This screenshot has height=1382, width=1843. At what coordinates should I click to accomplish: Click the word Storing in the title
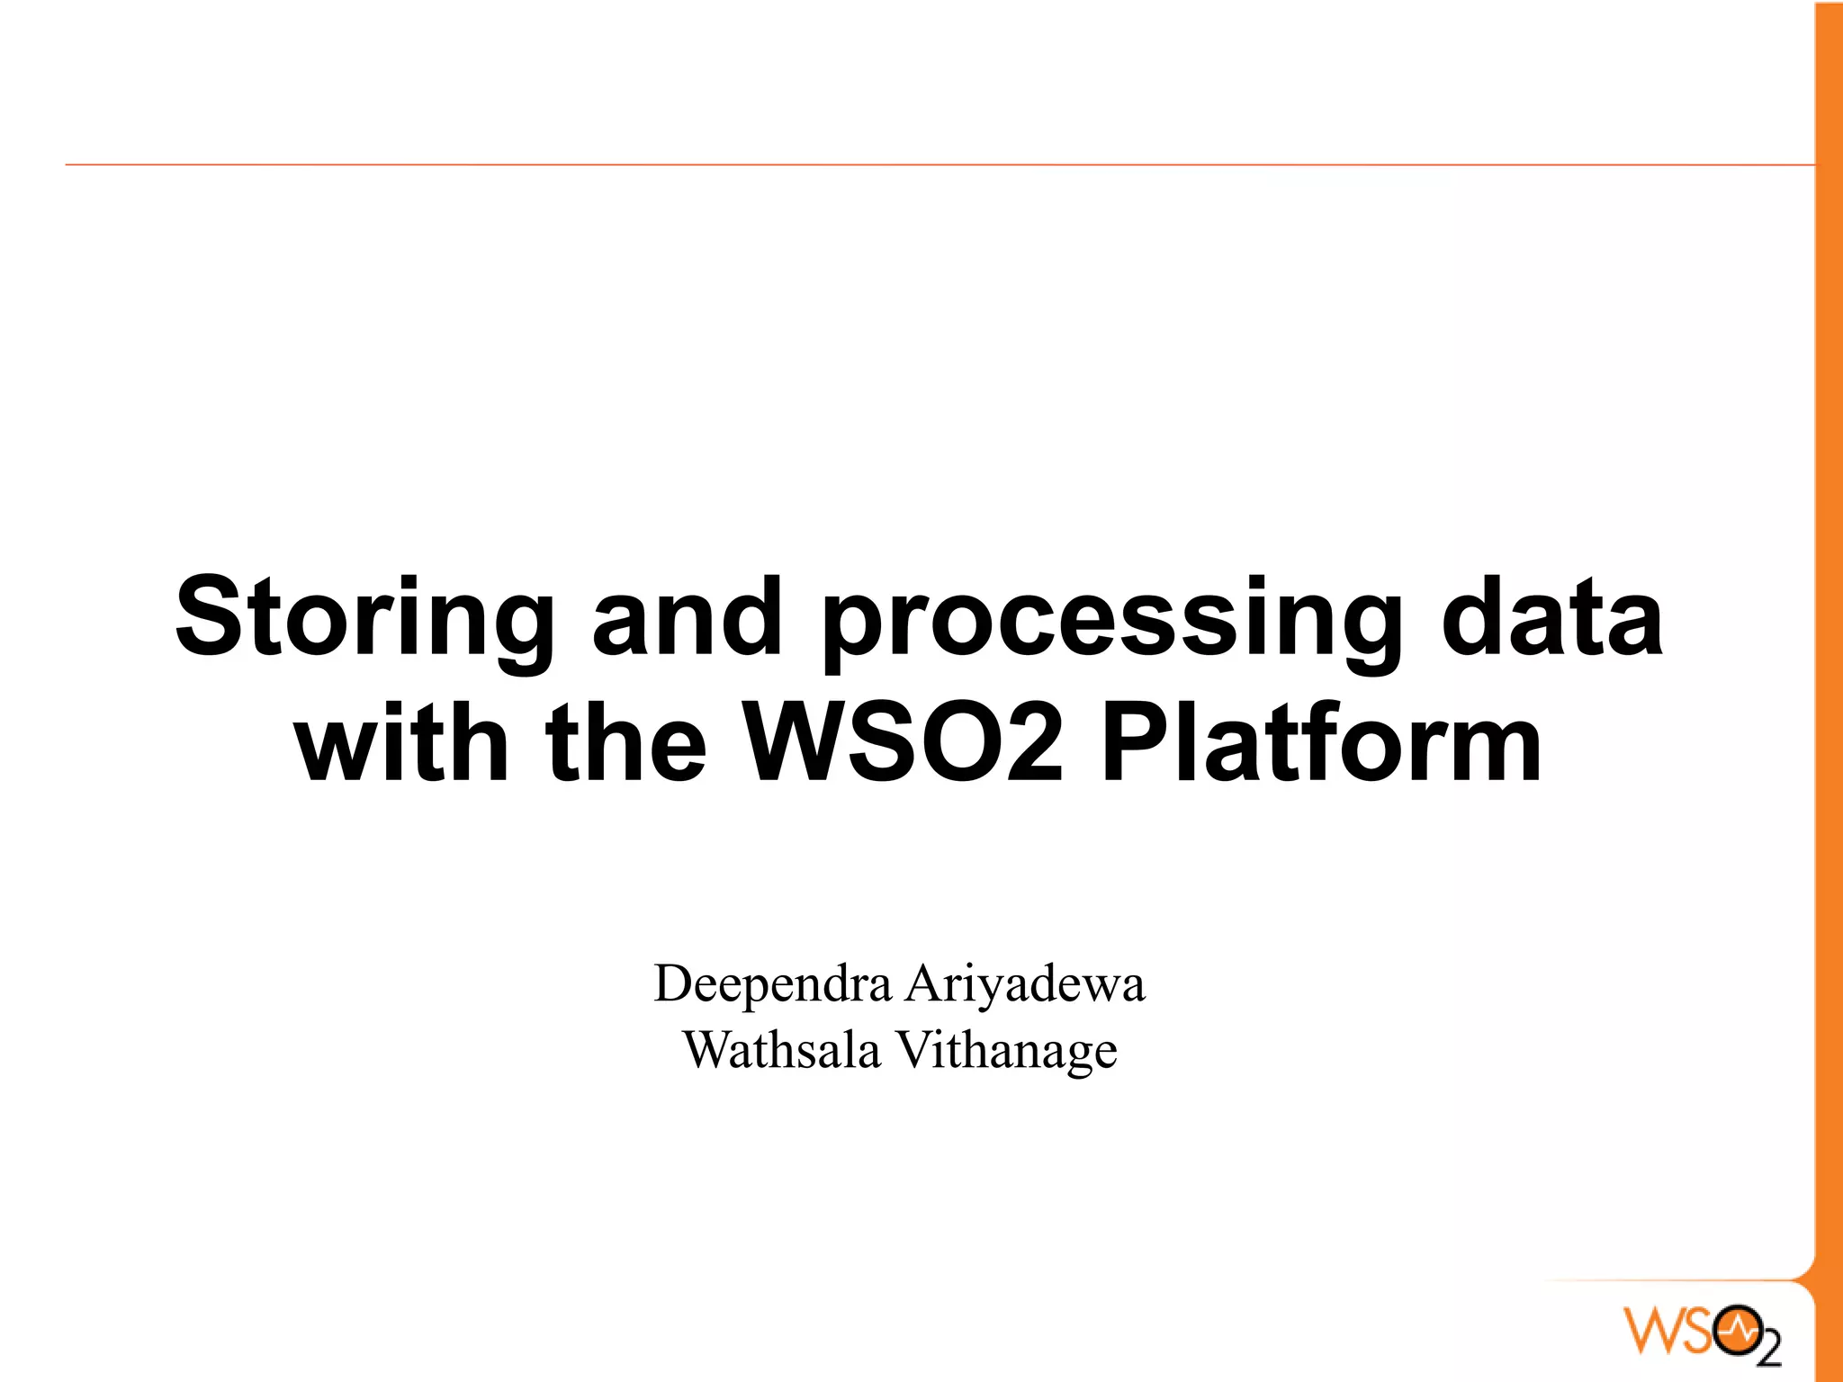coord(364,620)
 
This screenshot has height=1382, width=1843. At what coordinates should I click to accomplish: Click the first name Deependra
coord(772,983)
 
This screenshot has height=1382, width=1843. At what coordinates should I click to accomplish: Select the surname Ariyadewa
coord(1025,983)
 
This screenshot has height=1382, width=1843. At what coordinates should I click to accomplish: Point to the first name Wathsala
coord(781,1050)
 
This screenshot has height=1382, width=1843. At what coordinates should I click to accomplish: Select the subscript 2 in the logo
coord(1768,1350)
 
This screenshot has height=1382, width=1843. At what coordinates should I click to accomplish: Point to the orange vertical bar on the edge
coord(1829,630)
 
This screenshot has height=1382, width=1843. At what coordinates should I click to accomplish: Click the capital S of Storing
coord(210,617)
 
